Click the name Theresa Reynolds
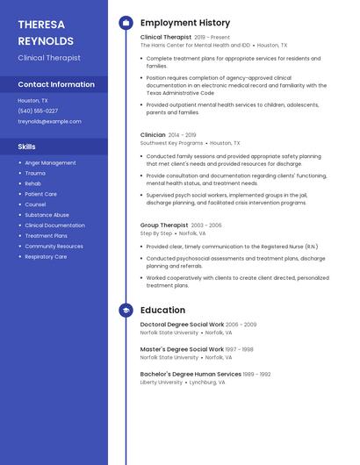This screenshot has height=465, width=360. tap(46, 32)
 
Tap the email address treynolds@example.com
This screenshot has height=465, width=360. tap(43, 122)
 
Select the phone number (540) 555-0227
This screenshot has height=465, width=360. tap(38, 111)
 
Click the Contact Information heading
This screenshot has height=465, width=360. tap(56, 85)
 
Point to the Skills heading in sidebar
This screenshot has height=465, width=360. tap(27, 147)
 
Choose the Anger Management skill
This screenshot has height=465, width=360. tap(50, 163)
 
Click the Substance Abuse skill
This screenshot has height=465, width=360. tap(47, 215)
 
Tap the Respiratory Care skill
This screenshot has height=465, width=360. tap(46, 257)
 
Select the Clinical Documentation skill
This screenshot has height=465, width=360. tap(54, 225)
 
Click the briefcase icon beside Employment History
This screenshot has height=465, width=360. tap(126, 23)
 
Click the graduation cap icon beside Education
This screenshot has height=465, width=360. tap(126, 311)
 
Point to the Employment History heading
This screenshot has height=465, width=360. tap(185, 23)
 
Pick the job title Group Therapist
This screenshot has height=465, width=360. tap(164, 225)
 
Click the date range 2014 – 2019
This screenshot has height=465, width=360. tap(182, 135)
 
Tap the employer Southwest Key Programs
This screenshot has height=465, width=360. tap(171, 143)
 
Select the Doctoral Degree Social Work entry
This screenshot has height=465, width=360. tap(182, 325)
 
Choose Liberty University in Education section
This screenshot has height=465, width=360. tap(162, 383)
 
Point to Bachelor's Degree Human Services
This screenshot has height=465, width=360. tap(191, 374)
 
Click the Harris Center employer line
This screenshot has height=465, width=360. tap(195, 45)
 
